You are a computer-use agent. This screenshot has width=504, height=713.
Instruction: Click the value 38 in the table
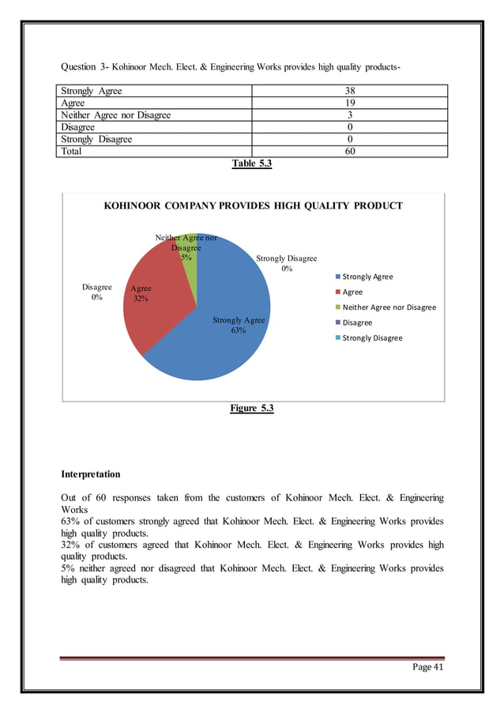pyautogui.click(x=349, y=91)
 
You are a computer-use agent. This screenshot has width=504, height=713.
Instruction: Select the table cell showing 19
pyautogui.click(x=349, y=103)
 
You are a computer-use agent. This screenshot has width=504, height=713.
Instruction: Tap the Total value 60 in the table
pyautogui.click(x=349, y=151)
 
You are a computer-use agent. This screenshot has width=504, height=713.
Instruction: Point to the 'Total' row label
pyautogui.click(x=73, y=151)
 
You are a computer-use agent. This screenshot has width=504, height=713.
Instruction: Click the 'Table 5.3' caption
pyautogui.click(x=251, y=164)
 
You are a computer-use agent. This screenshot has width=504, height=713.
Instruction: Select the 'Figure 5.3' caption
pyautogui.click(x=251, y=408)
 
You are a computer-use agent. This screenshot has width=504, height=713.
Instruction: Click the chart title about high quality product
pyautogui.click(x=254, y=206)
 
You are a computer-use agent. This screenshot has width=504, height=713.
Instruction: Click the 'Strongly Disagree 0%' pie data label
pyautogui.click(x=286, y=263)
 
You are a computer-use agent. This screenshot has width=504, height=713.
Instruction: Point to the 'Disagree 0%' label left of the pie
pyautogui.click(x=97, y=292)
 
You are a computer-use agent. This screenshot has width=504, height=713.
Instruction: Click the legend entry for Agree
pyautogui.click(x=352, y=292)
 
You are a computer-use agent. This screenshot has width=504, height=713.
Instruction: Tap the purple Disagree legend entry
pyautogui.click(x=357, y=323)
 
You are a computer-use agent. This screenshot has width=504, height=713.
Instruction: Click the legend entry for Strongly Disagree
pyautogui.click(x=371, y=338)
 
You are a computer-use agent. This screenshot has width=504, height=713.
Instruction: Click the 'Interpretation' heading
pyautogui.click(x=91, y=474)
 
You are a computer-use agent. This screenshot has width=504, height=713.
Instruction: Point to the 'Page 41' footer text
pyautogui.click(x=428, y=668)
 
